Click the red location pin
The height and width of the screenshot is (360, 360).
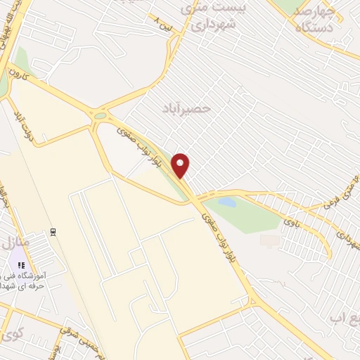(x=181, y=165)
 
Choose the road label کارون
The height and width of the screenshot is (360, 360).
(x=18, y=73)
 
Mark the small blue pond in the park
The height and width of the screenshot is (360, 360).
(x=226, y=202)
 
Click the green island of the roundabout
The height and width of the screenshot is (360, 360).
(x=100, y=116)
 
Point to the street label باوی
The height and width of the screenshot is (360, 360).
(x=290, y=223)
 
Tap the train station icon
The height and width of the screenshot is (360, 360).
(x=53, y=231)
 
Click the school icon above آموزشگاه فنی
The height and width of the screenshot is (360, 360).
(x=21, y=265)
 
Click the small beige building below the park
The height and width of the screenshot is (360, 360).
(x=269, y=240)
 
